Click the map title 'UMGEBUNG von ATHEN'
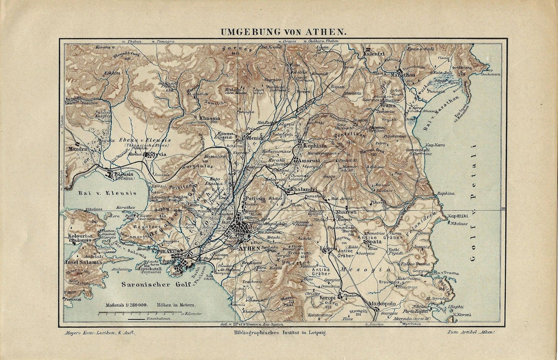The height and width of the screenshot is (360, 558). [284, 32]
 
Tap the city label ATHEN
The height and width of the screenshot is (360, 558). [250, 248]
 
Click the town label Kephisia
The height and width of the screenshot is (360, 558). [312, 146]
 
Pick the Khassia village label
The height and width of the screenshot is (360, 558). [209, 118]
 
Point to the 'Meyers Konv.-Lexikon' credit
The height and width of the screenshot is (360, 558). [99, 332]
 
